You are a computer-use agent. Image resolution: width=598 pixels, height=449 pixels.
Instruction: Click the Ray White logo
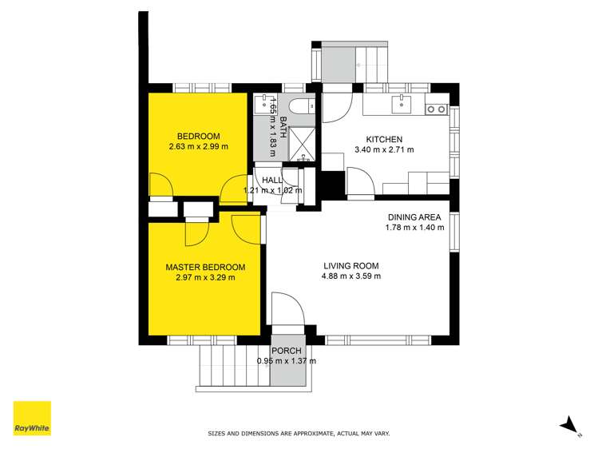click(32, 418)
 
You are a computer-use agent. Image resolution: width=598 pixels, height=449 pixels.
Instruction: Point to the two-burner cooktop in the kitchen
click(435, 109)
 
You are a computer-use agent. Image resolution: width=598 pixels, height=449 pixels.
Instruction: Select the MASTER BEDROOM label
click(205, 267)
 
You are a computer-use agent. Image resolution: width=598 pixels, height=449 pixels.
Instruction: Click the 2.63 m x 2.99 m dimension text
click(198, 147)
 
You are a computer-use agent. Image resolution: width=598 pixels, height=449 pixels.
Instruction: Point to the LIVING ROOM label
click(350, 266)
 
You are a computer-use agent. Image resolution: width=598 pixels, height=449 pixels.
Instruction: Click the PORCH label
click(286, 349)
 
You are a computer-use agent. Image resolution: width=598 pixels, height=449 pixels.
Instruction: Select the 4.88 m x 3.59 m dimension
click(350, 276)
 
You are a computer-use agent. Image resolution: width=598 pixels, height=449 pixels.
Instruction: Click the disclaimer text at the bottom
click(299, 434)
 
